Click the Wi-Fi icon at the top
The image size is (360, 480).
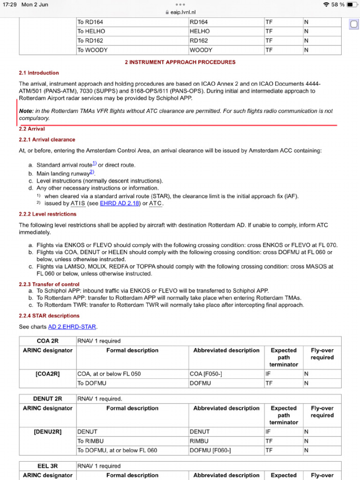pyautogui.click(x=326, y=5)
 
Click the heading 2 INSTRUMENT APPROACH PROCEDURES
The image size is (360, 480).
pyautogui.click(x=180, y=62)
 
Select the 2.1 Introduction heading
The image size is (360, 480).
pyautogui.click(x=39, y=73)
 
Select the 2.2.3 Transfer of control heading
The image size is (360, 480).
pyautogui.click(x=49, y=284)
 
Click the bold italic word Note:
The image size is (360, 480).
pyautogui.click(x=26, y=111)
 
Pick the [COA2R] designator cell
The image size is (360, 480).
pyautogui.click(x=47, y=374)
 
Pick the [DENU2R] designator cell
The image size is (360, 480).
pyautogui.click(x=47, y=432)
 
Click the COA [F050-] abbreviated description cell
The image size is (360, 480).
pyautogui.click(x=209, y=374)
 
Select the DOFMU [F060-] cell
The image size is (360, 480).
pyautogui.click(x=210, y=450)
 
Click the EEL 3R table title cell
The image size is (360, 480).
pyautogui.click(x=47, y=466)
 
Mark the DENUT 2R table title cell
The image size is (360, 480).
pyautogui.click(x=47, y=399)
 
